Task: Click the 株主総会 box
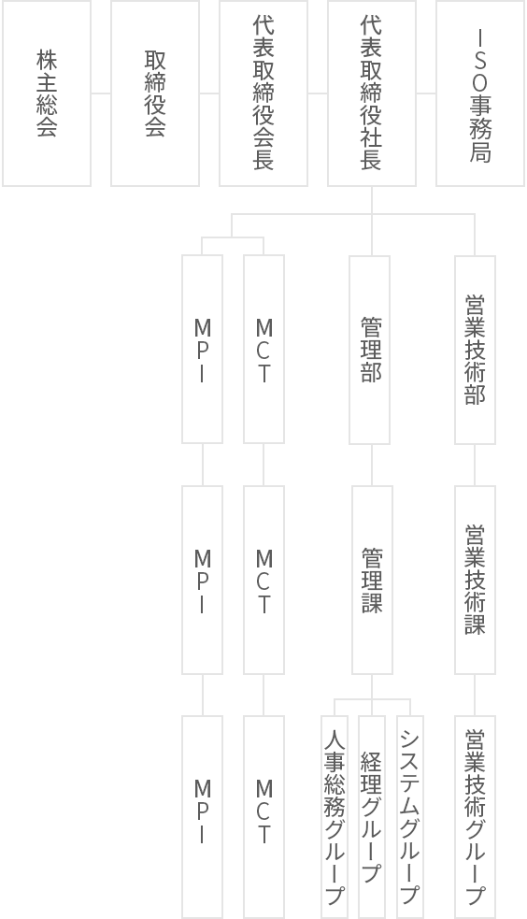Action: (47, 93)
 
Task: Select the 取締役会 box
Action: (155, 93)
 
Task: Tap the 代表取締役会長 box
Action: (263, 93)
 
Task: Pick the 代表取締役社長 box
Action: (372, 93)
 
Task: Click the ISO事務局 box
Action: (480, 93)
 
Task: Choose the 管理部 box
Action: (369, 350)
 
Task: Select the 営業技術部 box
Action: (475, 350)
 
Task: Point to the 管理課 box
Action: (372, 580)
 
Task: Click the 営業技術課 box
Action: (475, 580)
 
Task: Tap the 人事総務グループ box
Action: (335, 816)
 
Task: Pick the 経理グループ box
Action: (372, 816)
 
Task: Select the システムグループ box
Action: (410, 816)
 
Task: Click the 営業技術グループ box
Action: (475, 816)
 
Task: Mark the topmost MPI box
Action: (202, 350)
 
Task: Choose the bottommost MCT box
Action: (264, 816)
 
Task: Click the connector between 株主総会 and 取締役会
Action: (101, 93)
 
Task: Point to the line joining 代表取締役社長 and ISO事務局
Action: (426, 93)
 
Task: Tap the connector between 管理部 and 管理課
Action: (372, 465)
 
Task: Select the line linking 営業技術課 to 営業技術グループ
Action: (475, 695)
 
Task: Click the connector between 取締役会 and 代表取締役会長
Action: (209, 93)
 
